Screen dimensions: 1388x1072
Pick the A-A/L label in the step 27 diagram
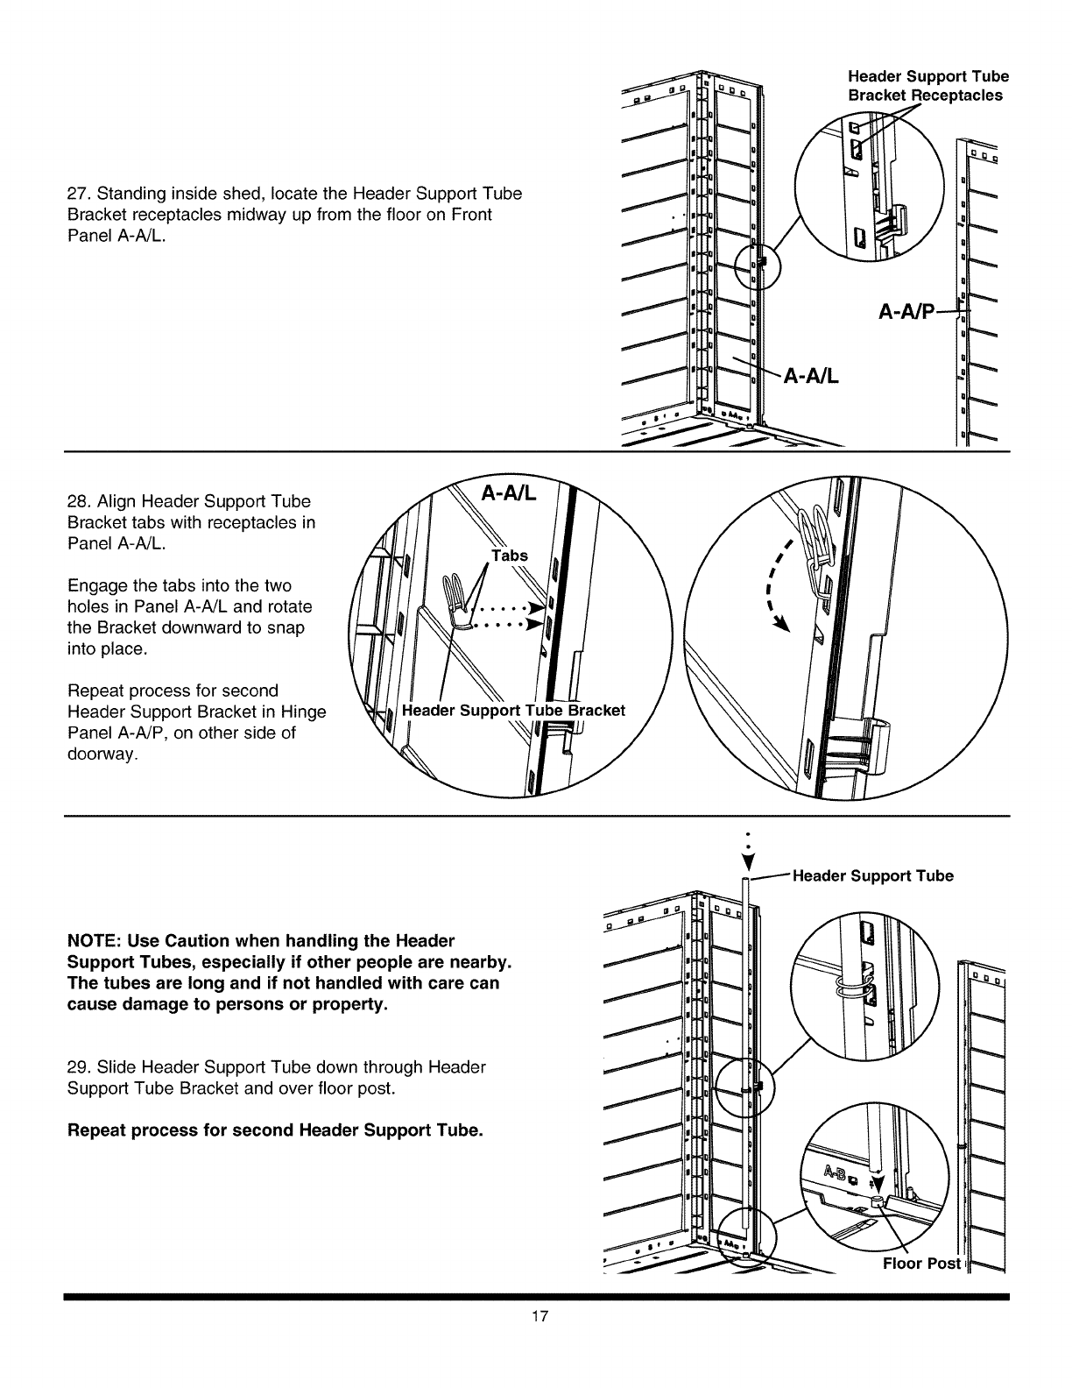pos(811,377)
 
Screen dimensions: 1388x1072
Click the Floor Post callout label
pos(921,1264)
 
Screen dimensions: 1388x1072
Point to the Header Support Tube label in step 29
pos(872,875)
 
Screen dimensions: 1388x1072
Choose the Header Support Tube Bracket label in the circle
pos(512,710)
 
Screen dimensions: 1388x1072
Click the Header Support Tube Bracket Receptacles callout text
pos(927,86)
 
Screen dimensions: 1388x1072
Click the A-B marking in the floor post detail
pos(836,1173)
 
